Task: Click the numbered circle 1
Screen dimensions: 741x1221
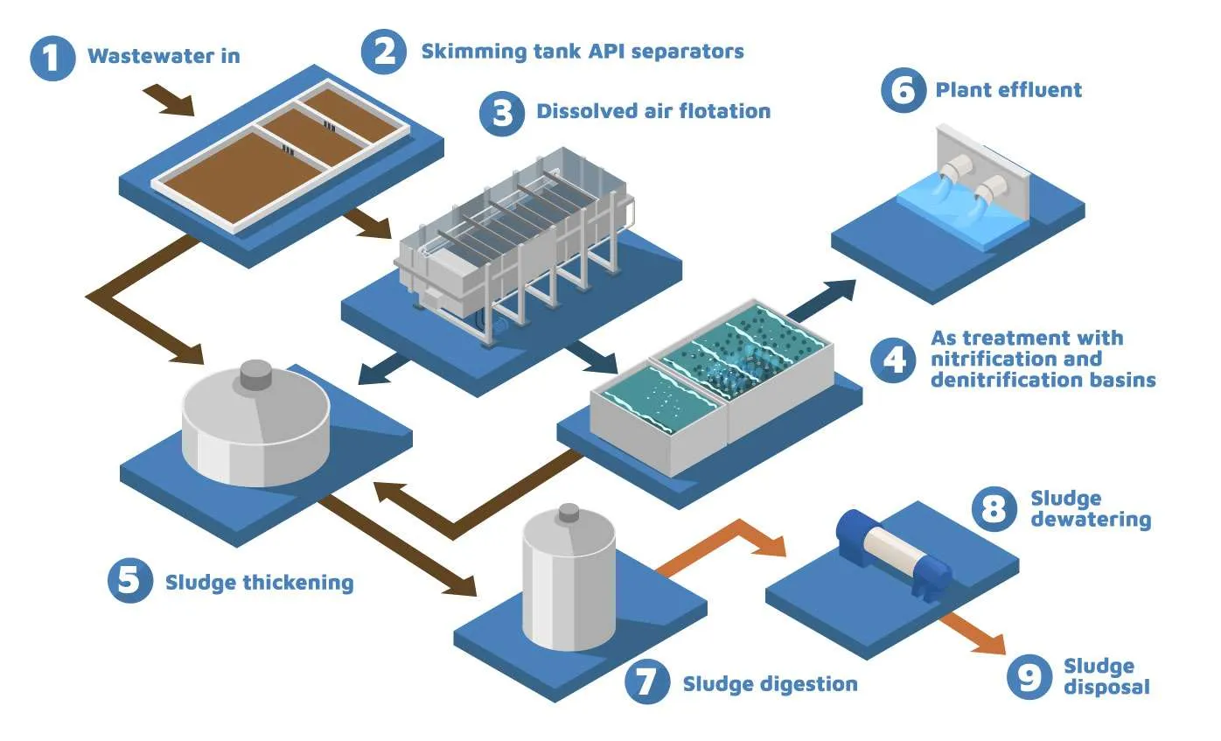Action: [54, 58]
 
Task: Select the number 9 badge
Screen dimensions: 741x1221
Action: [1029, 676]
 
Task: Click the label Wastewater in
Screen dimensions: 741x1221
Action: [164, 58]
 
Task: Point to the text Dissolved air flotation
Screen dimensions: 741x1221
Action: [653, 111]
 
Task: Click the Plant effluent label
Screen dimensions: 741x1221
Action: [1008, 89]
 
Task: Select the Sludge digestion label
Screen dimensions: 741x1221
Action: [770, 683]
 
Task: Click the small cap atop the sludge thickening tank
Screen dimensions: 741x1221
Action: [257, 374]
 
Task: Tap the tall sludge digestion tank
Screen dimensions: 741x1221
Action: [568, 581]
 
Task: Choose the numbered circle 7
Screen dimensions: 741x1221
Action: [648, 682]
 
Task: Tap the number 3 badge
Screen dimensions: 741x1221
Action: [503, 113]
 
